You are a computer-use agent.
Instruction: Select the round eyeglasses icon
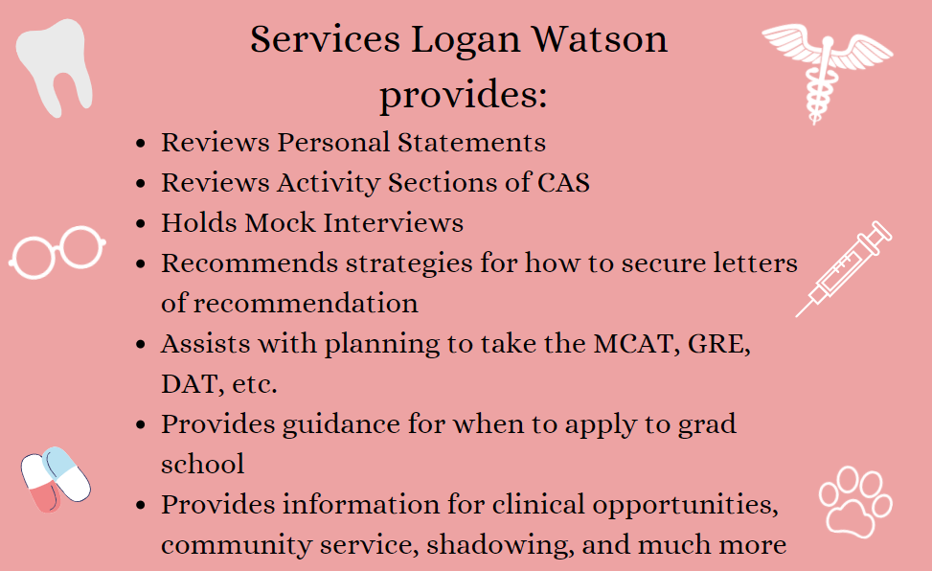(x=57, y=252)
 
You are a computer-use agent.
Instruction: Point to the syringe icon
(x=844, y=269)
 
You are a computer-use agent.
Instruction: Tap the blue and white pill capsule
(x=67, y=473)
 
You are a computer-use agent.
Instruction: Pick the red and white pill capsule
(x=40, y=483)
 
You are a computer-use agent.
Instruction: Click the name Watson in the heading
(x=600, y=40)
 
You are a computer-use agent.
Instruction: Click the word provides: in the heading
(x=464, y=95)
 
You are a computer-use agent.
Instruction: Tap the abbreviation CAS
(x=563, y=183)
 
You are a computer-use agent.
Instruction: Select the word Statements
(x=471, y=143)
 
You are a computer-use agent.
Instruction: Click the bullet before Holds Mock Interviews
(x=141, y=223)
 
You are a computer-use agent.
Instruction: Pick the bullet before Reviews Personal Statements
(x=141, y=144)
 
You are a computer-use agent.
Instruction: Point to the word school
(x=203, y=464)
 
